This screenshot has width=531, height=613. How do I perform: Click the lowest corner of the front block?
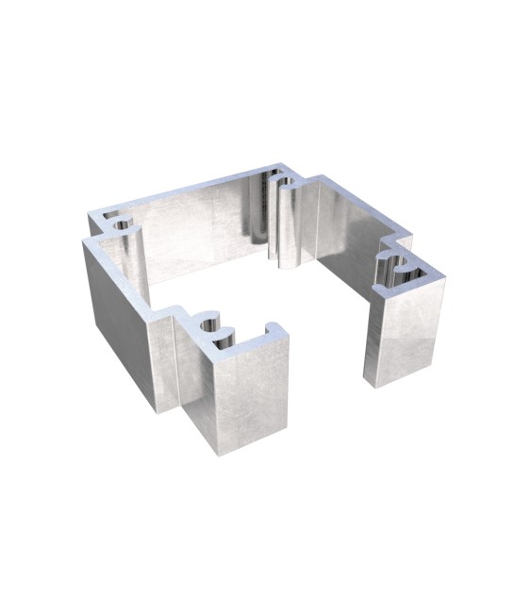pyautogui.click(x=218, y=454)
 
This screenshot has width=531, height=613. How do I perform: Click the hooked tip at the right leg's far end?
pyautogui.click(x=439, y=275)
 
